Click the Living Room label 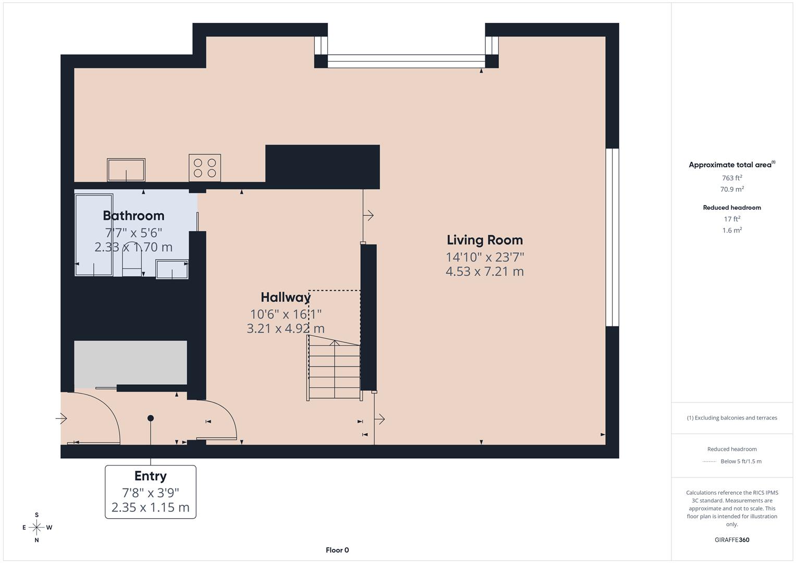[x=484, y=240]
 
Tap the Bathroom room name [x=133, y=216]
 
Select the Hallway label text [x=285, y=298]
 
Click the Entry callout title [x=150, y=476]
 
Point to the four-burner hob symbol [x=205, y=168]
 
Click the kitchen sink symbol [x=126, y=170]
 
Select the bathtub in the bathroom [x=94, y=235]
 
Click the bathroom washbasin [x=172, y=270]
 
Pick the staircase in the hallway [x=334, y=368]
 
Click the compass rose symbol [x=36, y=528]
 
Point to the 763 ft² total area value [x=732, y=178]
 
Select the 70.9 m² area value [x=732, y=189]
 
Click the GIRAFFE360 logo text [x=732, y=540]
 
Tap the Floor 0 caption [x=337, y=550]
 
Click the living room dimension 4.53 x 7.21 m [x=484, y=272]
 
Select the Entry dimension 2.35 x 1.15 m [x=150, y=507]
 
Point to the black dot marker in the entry [x=151, y=418]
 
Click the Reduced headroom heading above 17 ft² [x=732, y=207]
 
